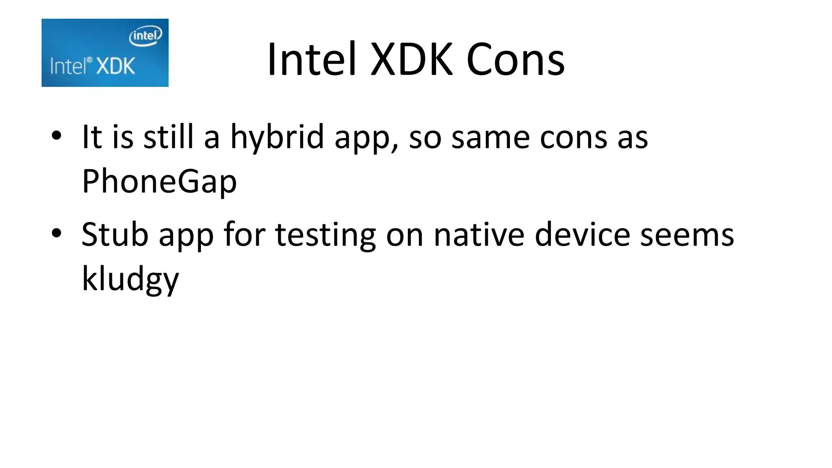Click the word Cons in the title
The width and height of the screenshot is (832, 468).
click(x=515, y=60)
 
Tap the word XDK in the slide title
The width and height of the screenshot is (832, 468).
click(x=411, y=60)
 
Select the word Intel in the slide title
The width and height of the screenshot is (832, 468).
click(x=312, y=60)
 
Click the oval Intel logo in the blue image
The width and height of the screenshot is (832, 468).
click(x=145, y=36)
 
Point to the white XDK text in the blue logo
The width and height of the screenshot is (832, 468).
click(x=116, y=66)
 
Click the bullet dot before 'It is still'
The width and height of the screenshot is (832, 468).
click(x=56, y=136)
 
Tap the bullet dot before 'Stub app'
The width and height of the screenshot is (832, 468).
click(x=56, y=233)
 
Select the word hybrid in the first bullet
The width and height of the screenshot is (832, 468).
click(x=277, y=137)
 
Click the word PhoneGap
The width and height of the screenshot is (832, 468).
click(x=159, y=181)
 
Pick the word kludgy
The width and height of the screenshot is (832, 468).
click(x=130, y=279)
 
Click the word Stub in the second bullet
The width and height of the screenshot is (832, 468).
click(x=115, y=234)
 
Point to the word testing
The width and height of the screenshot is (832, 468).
click(x=325, y=235)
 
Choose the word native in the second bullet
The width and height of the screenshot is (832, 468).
click(x=479, y=234)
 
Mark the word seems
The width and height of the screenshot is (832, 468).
click(x=687, y=235)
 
